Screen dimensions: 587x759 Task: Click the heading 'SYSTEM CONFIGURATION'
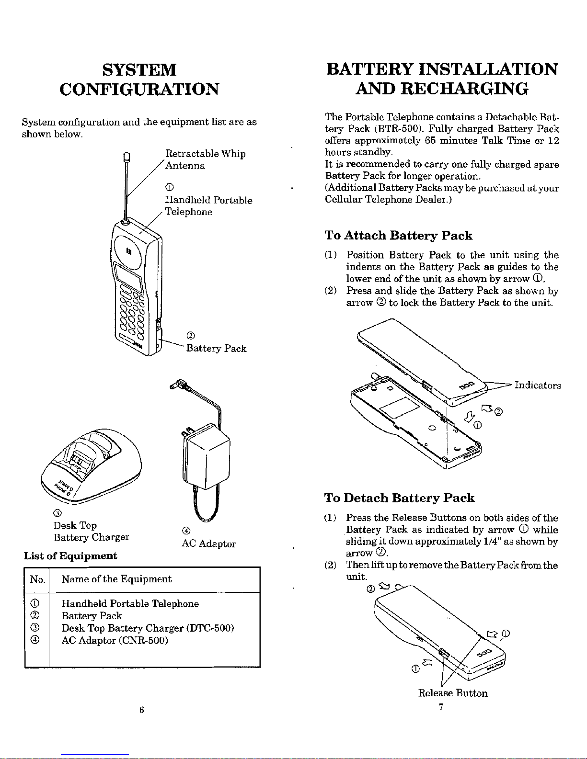point(139,79)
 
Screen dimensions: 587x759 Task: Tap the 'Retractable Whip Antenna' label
point(205,159)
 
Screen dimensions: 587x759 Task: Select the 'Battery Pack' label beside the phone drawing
point(216,348)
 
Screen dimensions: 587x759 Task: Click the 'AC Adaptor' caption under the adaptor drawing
point(208,544)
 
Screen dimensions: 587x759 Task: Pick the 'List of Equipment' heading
point(70,556)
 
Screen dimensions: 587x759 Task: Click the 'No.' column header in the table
point(37,579)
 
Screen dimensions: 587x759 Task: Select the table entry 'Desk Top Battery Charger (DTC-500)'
point(148,628)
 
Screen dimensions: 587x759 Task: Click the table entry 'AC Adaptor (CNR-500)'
point(115,640)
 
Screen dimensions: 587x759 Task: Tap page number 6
point(141,710)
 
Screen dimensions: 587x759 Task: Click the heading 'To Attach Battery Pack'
point(398,236)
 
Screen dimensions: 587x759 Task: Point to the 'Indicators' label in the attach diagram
point(538,385)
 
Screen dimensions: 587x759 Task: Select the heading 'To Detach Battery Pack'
point(399,498)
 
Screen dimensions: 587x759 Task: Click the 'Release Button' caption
point(453,693)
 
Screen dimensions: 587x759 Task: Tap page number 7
point(441,707)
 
